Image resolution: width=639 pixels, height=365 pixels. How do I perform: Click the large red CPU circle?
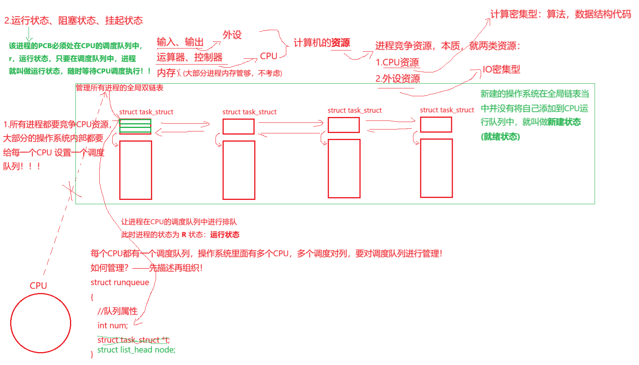tap(41, 323)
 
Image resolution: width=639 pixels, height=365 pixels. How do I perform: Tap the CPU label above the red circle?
tap(38, 286)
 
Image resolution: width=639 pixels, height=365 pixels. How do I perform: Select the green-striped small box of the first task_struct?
tap(135, 126)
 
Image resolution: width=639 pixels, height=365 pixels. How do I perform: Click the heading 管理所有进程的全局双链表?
tap(120, 88)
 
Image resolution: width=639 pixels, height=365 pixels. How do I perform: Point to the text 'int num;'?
tap(113, 325)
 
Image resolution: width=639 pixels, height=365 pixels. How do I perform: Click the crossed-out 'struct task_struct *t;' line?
tap(133, 340)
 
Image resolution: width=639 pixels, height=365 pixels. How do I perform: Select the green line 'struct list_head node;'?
tap(136, 350)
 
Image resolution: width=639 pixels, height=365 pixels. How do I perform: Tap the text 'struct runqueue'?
tap(120, 282)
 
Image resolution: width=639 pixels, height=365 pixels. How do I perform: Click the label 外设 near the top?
tap(232, 35)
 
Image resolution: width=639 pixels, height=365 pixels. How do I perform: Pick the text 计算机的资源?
tap(321, 43)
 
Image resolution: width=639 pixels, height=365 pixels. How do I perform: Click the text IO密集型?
tap(501, 70)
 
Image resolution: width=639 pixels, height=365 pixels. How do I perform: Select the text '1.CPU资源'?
tap(397, 62)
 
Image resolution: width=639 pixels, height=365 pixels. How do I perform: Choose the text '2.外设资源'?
tap(398, 79)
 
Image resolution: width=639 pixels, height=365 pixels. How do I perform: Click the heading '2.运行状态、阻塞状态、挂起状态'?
tap(74, 20)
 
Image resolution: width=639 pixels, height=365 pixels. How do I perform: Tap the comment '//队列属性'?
tap(117, 311)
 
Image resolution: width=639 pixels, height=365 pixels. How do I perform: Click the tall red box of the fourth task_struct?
tap(436, 168)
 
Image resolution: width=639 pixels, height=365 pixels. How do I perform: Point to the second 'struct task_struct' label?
tap(249, 112)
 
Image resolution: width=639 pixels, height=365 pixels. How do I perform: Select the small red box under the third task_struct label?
tap(344, 125)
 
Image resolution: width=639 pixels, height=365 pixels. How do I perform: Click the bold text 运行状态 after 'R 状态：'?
tap(225, 235)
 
